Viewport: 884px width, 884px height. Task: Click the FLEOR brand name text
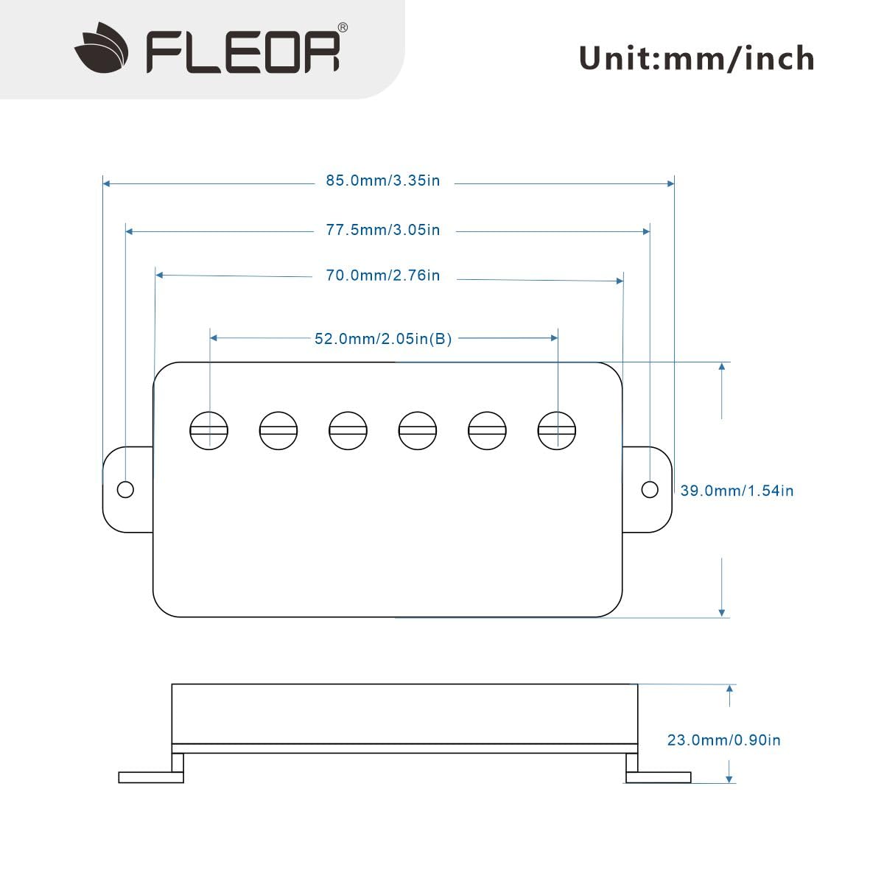tap(243, 52)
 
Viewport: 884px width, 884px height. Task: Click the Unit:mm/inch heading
tap(696, 58)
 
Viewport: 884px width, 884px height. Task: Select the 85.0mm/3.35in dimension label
tap(383, 180)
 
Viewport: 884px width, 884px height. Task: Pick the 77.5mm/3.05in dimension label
tap(383, 230)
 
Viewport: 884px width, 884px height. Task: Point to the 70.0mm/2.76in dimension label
tap(383, 276)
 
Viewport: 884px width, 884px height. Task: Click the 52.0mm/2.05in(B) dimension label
tap(383, 339)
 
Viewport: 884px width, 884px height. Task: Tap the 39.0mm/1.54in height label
tap(737, 491)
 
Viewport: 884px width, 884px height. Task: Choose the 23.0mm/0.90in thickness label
tap(723, 740)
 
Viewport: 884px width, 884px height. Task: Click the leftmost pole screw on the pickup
tap(209, 430)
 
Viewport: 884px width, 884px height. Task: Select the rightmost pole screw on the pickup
tap(557, 430)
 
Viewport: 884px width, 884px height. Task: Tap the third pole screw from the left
tap(348, 430)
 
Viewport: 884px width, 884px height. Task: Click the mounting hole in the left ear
tap(125, 489)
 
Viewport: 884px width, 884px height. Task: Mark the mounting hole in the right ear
tap(650, 489)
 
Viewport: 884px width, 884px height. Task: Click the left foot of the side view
tap(151, 776)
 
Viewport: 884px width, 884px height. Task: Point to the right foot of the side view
tap(659, 776)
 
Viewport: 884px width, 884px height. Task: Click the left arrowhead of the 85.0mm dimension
tap(107, 183)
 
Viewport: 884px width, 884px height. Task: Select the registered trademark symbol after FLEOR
tap(343, 27)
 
